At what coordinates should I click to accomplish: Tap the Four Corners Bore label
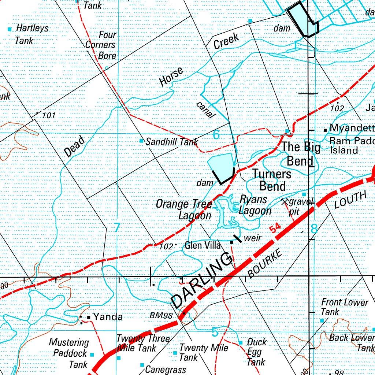pos(101,45)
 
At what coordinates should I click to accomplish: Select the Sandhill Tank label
pos(172,142)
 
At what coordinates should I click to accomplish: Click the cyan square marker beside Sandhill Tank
pos(142,141)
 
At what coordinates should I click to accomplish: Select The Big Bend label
pos(300,154)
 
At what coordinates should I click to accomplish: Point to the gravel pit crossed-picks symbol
pos(285,201)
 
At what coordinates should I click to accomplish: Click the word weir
pos(252,238)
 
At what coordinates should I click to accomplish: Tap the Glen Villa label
pos(203,245)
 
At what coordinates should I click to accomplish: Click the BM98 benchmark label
pos(161,315)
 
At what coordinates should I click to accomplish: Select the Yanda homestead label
pos(108,317)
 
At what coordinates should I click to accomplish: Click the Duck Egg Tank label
pos(256,352)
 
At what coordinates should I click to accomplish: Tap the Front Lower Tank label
pos(344,307)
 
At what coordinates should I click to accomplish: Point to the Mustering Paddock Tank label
pos(70,353)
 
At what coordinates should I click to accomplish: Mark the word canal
pos(205,110)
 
